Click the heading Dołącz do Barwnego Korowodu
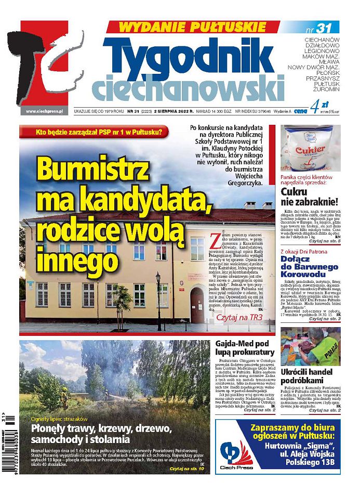310,265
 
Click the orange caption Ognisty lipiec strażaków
59,418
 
